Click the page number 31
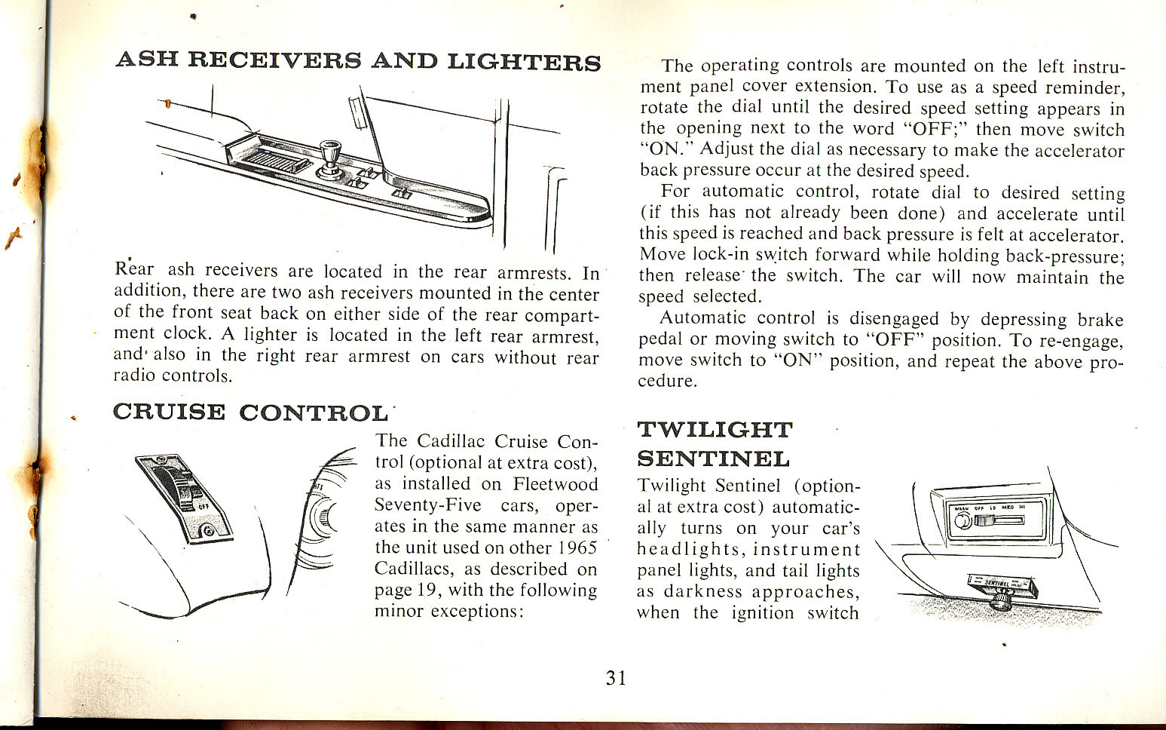(616, 678)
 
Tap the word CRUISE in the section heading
(168, 412)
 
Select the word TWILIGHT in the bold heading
(715, 430)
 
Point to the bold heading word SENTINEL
(713, 459)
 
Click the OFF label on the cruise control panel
(202, 507)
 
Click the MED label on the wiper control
(1008, 508)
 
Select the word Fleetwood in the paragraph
(555, 484)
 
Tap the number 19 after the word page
(427, 590)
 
